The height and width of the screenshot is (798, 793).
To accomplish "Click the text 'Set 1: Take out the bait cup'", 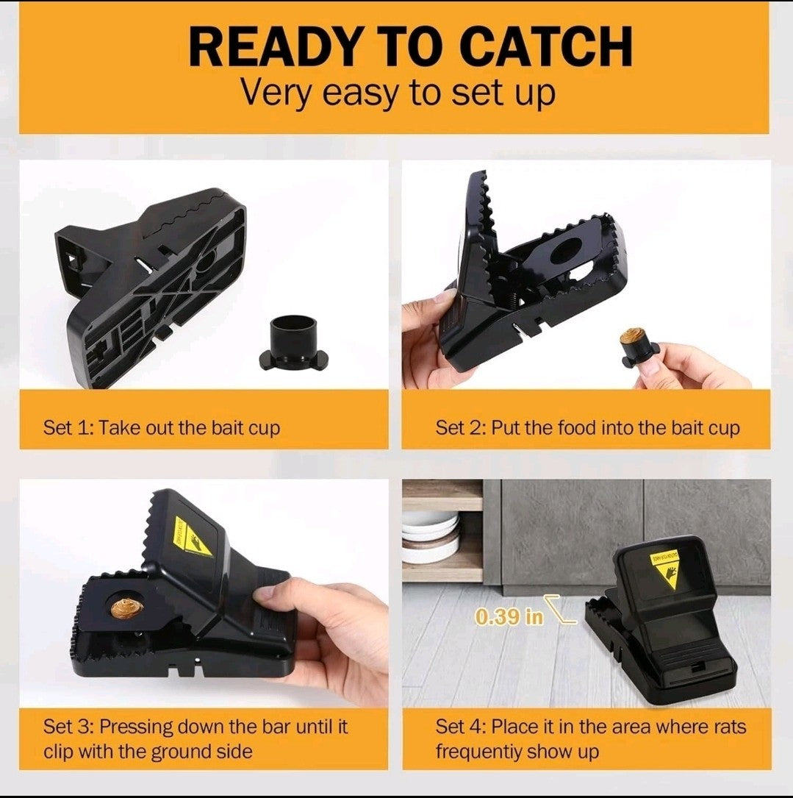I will point(162,427).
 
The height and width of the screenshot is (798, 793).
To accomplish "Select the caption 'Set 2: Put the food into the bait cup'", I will point(586,427).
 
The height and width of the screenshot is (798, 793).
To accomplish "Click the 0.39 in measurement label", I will point(509,616).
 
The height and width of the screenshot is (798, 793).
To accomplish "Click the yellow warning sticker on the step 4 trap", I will point(668,567).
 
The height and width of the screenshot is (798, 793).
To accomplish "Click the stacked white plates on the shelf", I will point(431,538).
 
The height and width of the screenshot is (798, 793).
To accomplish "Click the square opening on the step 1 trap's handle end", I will point(75,258).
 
